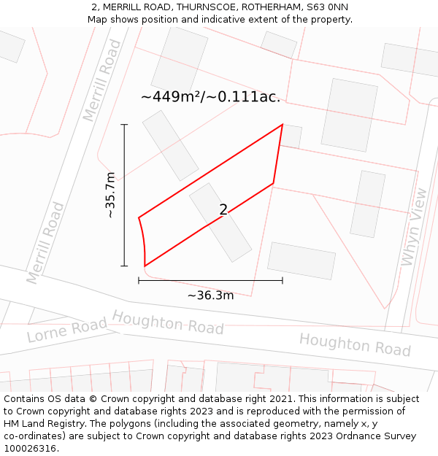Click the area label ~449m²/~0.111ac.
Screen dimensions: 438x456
point(210,96)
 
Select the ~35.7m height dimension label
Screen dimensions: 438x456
point(110,195)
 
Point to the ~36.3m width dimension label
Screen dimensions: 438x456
point(210,295)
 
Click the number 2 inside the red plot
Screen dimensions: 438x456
point(223,210)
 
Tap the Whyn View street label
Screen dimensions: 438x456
point(413,227)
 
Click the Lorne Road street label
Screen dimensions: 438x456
point(66,330)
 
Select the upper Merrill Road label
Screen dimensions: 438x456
point(101,80)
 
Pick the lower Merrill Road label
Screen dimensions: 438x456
point(45,243)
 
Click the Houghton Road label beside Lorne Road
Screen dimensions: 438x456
point(168,323)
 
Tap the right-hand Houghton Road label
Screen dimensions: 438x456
point(355,344)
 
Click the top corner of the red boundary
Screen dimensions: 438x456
point(283,125)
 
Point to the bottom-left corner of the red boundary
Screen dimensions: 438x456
point(145,266)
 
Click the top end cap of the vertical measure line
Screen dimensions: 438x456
point(124,125)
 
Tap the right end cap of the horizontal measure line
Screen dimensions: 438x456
point(283,280)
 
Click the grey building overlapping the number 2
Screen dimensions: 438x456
point(220,223)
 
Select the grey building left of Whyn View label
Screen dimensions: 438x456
point(367,204)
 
